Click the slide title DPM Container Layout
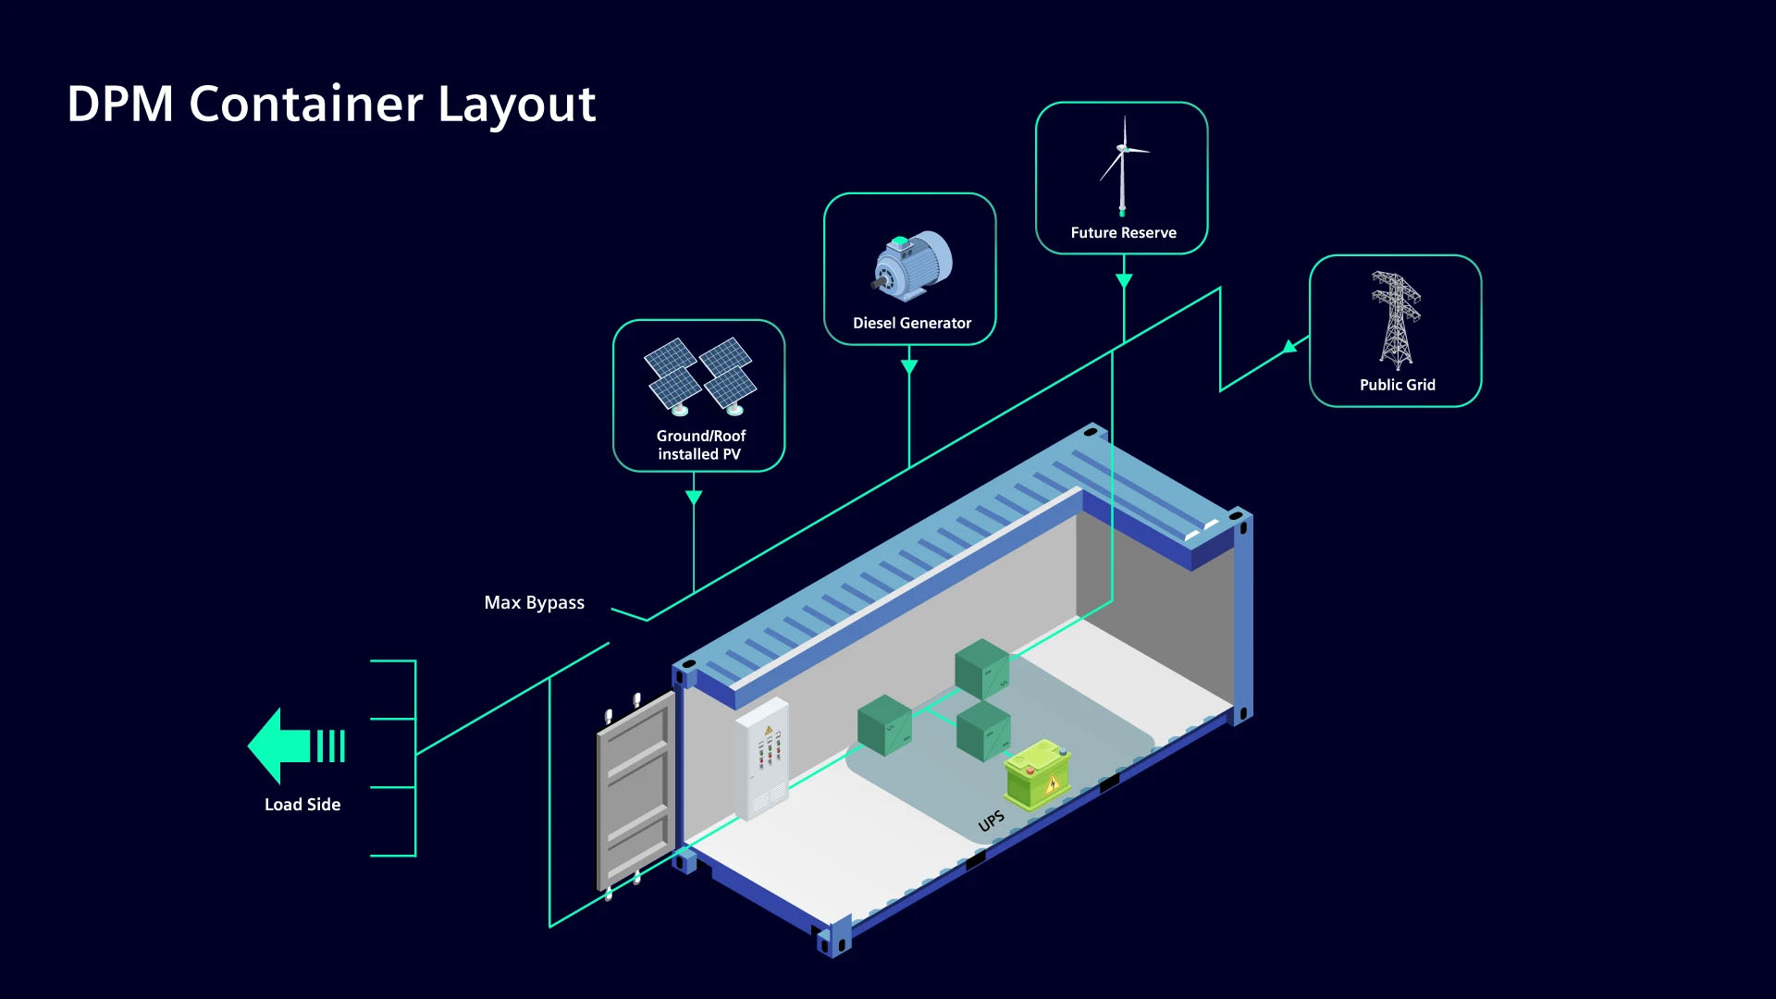[x=331, y=104]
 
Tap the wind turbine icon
[x=1122, y=166]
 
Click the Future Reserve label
[x=1123, y=233]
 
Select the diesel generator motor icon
[x=912, y=265]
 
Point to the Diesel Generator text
[x=911, y=323]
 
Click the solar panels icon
[x=700, y=376]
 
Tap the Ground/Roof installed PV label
[x=700, y=445]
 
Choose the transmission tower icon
[x=1395, y=320]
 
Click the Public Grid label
[x=1397, y=385]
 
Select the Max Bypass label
[x=534, y=603]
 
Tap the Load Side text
[x=302, y=805]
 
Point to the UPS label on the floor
[x=991, y=821]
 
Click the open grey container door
[x=635, y=792]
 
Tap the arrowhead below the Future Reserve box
[x=1124, y=280]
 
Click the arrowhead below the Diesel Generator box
[x=909, y=366]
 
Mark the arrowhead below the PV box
[x=694, y=498]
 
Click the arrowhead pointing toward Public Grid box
[x=1289, y=348]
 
